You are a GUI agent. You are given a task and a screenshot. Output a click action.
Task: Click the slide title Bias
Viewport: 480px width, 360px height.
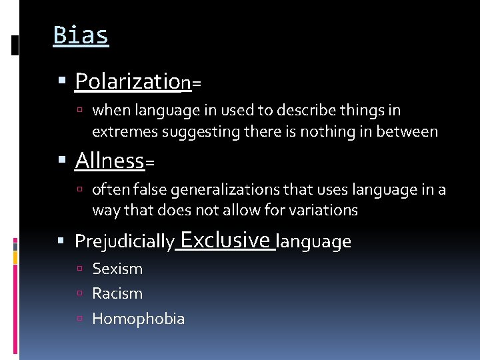(x=81, y=35)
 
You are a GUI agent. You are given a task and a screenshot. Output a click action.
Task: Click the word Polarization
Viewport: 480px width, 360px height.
(x=132, y=81)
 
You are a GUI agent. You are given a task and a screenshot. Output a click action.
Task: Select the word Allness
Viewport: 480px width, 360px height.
(x=109, y=161)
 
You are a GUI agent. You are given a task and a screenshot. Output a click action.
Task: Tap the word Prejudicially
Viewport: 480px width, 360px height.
(x=125, y=241)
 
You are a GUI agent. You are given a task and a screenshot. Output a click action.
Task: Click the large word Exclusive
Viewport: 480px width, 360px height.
(x=225, y=239)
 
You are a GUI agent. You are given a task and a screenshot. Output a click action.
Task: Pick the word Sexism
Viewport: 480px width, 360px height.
(x=117, y=269)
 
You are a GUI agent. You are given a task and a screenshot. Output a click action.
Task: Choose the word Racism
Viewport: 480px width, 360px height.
(x=117, y=293)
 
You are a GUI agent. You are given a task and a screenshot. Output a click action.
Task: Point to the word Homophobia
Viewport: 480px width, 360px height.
(x=138, y=319)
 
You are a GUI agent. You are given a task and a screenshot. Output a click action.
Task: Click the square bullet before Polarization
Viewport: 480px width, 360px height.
(x=63, y=83)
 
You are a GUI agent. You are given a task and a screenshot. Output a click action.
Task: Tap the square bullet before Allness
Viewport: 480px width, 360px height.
(x=63, y=161)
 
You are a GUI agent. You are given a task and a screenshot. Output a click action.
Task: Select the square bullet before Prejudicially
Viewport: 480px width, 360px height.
(x=63, y=241)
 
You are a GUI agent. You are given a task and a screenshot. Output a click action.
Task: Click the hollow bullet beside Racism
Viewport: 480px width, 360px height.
(x=80, y=294)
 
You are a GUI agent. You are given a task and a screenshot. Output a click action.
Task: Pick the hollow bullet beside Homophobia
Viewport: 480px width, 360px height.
(x=80, y=319)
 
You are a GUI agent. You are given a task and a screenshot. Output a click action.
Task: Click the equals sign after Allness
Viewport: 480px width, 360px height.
(x=149, y=163)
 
